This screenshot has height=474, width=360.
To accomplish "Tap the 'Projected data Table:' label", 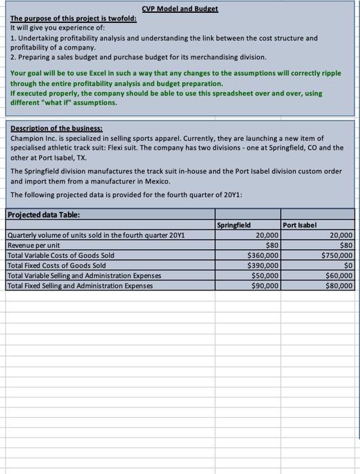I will click(x=43, y=215).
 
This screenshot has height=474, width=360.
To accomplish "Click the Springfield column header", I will click(x=233, y=225).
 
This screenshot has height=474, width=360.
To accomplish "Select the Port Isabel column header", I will click(x=300, y=225).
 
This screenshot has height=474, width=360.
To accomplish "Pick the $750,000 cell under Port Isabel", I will click(x=337, y=255).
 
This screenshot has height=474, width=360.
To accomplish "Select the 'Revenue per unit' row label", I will click(x=34, y=245).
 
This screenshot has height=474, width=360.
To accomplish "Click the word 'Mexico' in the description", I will click(x=163, y=182).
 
